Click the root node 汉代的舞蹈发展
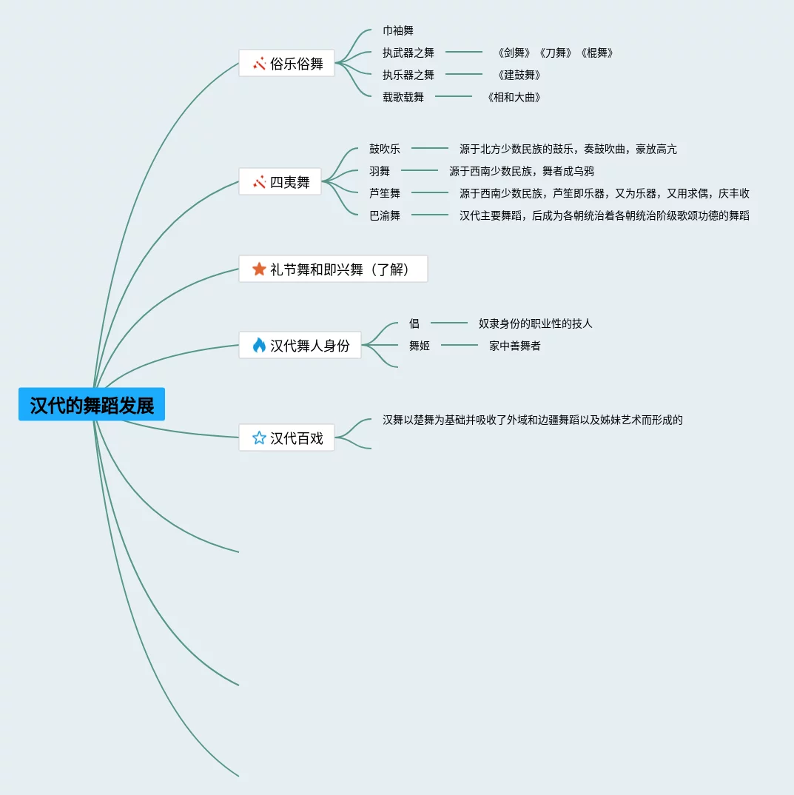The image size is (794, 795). click(x=92, y=405)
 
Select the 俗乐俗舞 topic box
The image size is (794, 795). click(x=286, y=64)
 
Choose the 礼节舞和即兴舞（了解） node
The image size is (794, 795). click(x=333, y=269)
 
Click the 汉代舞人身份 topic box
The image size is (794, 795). click(x=300, y=345)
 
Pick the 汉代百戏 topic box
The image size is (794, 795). click(x=286, y=438)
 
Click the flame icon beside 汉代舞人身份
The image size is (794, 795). click(x=259, y=345)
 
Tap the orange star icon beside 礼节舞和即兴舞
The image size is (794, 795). click(x=259, y=269)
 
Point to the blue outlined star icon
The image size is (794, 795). click(x=259, y=438)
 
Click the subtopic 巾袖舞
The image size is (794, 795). click(x=398, y=30)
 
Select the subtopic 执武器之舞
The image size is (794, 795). click(x=408, y=53)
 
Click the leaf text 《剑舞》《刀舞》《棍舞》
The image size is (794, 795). click(x=555, y=53)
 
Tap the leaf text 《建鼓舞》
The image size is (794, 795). click(x=519, y=75)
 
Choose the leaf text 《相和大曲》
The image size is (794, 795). click(x=514, y=97)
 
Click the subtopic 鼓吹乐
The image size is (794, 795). click(x=385, y=149)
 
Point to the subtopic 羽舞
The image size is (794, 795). click(x=380, y=171)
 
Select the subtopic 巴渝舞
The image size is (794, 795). click(x=385, y=215)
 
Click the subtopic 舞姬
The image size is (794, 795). click(x=420, y=346)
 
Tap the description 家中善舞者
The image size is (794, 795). click(x=514, y=346)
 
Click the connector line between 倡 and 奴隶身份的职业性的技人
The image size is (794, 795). click(x=449, y=323)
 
